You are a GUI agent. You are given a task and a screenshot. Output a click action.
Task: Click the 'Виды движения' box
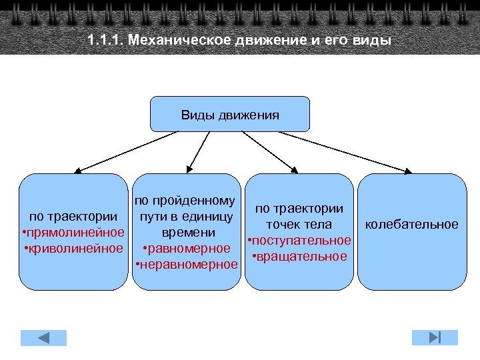click(x=230, y=114)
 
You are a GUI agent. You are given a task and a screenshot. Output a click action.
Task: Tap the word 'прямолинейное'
click(x=75, y=232)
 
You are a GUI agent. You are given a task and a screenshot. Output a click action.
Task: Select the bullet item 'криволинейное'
click(x=75, y=248)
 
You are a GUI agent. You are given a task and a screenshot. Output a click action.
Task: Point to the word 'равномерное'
click(x=189, y=249)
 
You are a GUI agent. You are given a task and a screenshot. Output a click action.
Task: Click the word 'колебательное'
click(x=411, y=224)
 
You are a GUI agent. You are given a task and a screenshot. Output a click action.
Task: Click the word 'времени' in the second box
click(x=189, y=232)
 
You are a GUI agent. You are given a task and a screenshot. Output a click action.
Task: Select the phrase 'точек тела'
click(x=299, y=224)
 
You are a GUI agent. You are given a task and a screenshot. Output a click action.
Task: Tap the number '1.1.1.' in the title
click(x=105, y=39)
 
